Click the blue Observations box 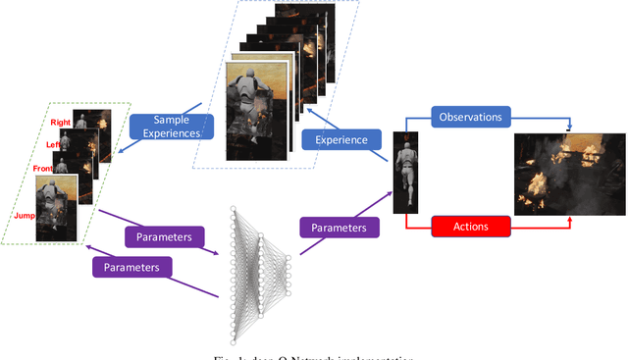470,117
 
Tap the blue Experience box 341,140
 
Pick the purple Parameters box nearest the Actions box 339,227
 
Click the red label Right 60,124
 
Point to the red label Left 56,144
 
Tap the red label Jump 26,213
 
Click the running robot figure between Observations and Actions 406,173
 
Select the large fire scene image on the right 569,175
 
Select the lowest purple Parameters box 132,265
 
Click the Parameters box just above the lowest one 164,235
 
